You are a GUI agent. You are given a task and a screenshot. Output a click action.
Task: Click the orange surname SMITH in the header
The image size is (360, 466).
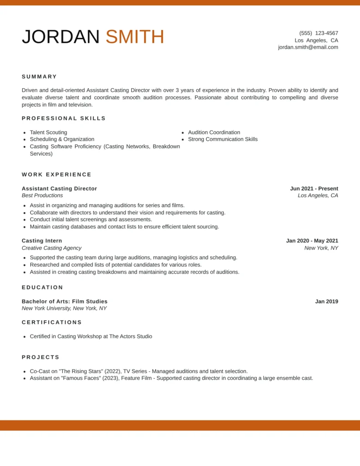pos(135,37)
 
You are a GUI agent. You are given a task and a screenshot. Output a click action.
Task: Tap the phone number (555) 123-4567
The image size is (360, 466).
pos(319,33)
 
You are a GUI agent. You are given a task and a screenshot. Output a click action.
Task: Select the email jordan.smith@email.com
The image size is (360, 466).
pos(308,47)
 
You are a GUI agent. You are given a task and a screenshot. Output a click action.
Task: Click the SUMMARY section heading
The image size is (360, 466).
pos(40,76)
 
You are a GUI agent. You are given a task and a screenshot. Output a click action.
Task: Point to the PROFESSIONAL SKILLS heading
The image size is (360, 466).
pos(64,118)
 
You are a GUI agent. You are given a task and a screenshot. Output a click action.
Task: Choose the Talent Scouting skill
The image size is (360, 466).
pos(48,132)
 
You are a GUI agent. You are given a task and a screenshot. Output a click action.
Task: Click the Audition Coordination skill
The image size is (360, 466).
pos(214,132)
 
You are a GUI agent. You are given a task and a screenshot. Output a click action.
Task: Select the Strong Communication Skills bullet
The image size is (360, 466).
pos(223,139)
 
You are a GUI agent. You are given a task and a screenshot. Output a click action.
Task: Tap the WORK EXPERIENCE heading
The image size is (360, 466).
pos(56,174)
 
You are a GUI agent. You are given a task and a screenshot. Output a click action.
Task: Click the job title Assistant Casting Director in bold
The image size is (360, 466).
pos(59,188)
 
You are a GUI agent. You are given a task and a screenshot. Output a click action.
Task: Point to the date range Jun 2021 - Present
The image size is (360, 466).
pos(314,188)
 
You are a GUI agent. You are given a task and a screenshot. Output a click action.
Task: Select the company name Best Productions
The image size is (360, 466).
pos(42,195)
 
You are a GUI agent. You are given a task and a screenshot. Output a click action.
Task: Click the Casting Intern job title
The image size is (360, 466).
pos(42,241)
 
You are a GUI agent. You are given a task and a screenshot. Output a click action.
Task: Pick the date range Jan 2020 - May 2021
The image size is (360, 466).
pos(312,241)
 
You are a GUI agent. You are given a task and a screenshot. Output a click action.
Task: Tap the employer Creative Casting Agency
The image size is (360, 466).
pos(51,248)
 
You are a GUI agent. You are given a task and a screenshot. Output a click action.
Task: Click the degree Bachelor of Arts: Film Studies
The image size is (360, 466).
pos(65,301)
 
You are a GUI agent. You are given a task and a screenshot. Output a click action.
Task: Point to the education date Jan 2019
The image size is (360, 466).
pos(327,301)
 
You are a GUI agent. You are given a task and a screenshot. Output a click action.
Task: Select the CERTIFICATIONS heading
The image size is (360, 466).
pos(52,322)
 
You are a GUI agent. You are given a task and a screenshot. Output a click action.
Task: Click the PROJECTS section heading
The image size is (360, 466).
pos(41,357)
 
